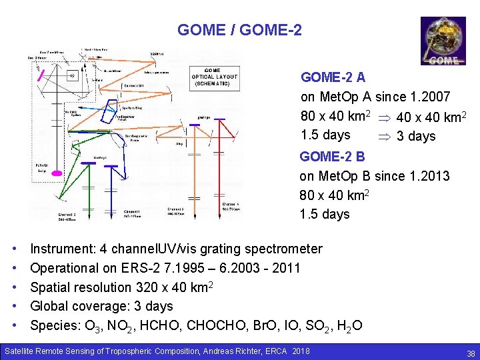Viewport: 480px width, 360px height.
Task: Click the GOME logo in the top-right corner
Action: click(x=443, y=41)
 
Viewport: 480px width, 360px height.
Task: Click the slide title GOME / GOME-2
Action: click(x=239, y=30)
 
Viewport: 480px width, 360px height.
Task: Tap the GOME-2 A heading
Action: click(x=333, y=77)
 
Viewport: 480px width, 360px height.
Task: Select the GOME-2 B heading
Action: click(x=332, y=157)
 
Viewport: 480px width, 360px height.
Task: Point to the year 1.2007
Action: click(x=431, y=97)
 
